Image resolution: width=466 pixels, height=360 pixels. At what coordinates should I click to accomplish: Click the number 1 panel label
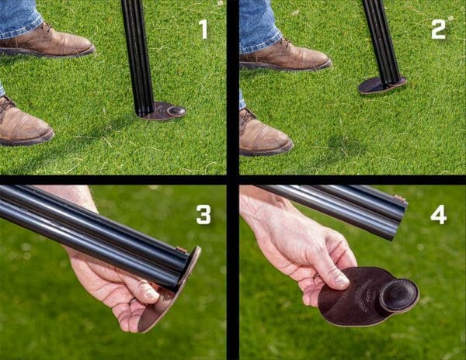click(x=203, y=29)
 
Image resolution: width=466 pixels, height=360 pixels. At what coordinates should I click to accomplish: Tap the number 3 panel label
click(x=203, y=215)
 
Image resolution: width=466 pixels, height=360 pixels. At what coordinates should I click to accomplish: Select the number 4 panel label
click(x=439, y=214)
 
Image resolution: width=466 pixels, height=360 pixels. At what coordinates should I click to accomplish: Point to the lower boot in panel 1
click(x=23, y=124)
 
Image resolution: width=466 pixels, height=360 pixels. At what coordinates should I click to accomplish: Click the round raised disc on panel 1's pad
click(x=176, y=111)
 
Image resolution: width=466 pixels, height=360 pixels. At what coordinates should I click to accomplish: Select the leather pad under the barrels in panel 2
click(x=381, y=85)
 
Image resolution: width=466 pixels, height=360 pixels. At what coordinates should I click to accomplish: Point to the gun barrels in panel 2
click(x=381, y=39)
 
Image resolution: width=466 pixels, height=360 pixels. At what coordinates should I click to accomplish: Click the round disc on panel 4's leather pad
click(x=398, y=295)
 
